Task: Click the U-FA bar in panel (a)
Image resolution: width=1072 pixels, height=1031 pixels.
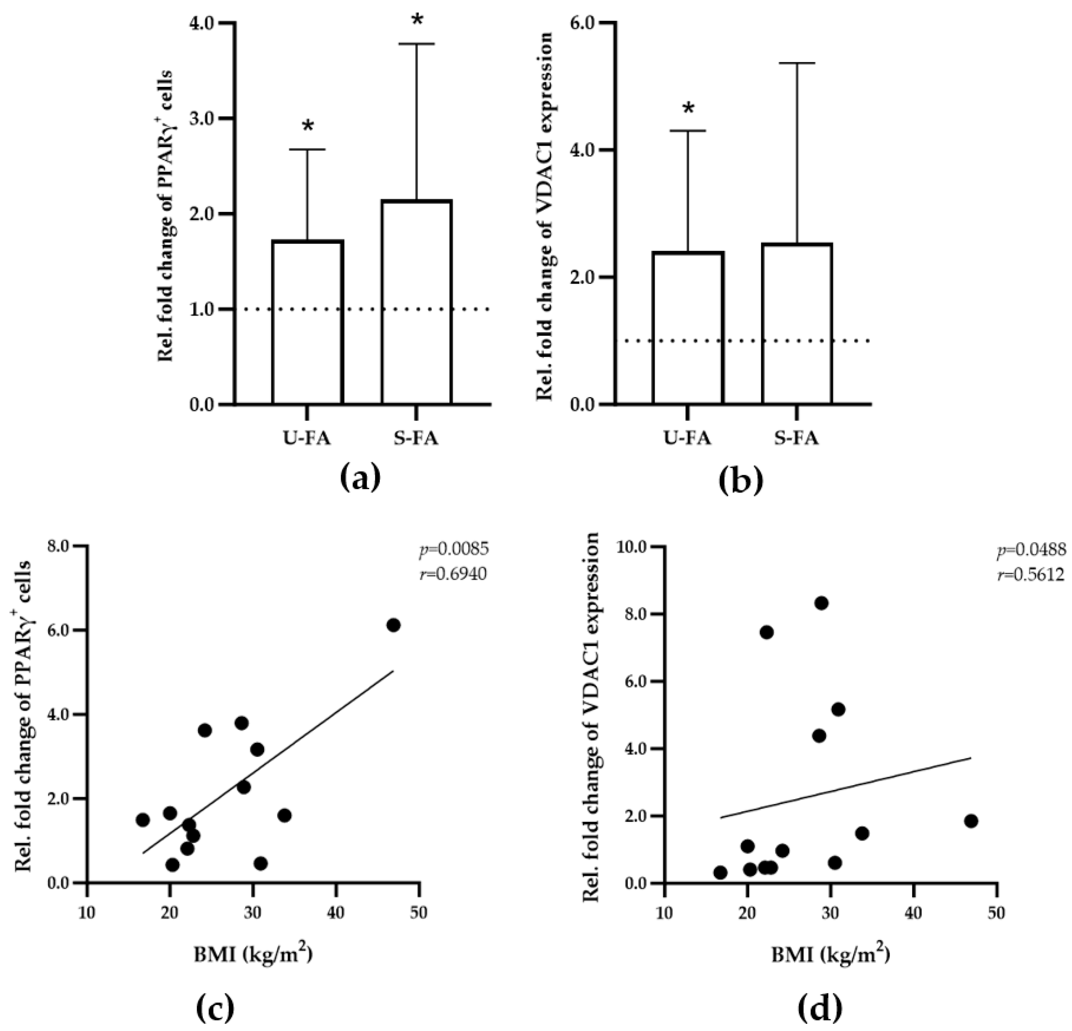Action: click(308, 322)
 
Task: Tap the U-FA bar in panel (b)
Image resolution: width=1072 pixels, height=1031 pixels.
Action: click(688, 328)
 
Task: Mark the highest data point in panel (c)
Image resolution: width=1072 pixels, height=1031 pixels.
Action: click(393, 625)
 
